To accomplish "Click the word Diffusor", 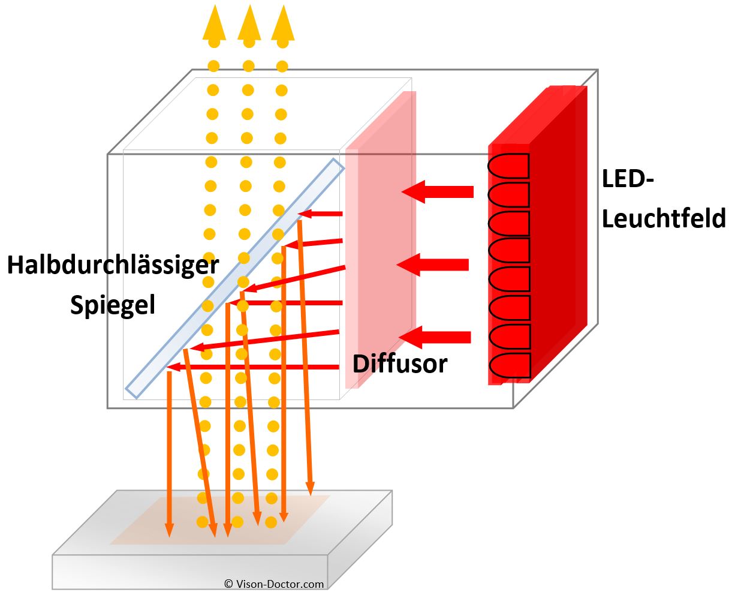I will point(400,363).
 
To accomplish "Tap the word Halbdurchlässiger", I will point(113,265).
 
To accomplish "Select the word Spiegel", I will point(113,305).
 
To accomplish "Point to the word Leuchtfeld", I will point(664,218).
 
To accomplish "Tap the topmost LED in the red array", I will point(509,166).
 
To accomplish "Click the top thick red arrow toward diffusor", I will point(437,192).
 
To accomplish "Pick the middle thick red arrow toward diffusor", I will point(433,265).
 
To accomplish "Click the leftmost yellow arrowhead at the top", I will point(214,24).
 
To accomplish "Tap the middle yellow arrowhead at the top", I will point(249,24).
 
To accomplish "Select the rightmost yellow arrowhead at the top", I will point(282,24).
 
